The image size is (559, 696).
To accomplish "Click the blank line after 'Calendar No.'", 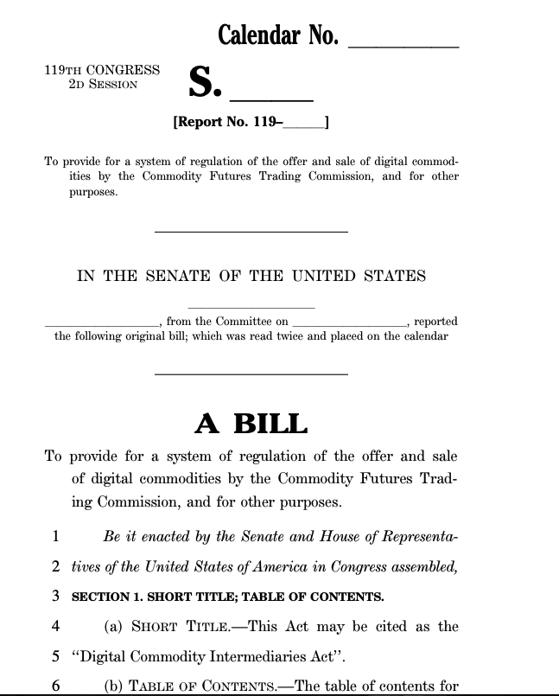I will point(402,43).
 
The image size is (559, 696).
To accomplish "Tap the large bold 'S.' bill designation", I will point(206,85).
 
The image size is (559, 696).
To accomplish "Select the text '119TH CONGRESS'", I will point(102,70).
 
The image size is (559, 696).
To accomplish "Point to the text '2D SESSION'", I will point(103,85).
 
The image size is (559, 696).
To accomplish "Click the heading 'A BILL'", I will point(251,424).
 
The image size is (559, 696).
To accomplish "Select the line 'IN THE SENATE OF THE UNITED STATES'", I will point(251,277).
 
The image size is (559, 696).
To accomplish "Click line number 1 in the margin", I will point(55,536).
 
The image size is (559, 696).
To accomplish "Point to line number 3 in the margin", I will point(55,596).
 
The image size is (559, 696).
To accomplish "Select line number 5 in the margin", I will point(55,655).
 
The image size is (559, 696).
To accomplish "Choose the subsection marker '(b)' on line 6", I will point(114,686).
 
